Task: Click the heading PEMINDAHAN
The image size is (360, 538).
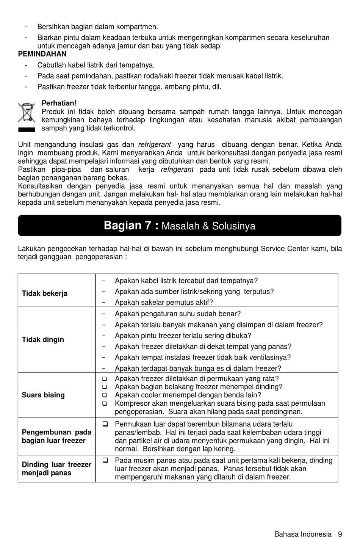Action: point(42,54)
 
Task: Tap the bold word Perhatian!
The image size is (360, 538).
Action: point(59,103)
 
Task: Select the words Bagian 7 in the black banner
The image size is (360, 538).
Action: point(128,226)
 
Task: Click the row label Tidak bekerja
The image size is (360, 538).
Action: point(45,293)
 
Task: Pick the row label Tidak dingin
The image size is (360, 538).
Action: point(43,340)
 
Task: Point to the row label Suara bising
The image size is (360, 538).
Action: point(43,395)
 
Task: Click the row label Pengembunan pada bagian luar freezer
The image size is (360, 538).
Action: point(56,436)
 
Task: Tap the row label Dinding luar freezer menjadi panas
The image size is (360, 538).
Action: point(56,469)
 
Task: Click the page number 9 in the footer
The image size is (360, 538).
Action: point(340,534)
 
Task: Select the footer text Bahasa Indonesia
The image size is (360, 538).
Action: point(303,534)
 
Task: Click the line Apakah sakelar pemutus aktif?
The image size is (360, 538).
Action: point(164,303)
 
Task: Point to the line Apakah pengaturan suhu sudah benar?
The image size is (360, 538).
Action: point(178,314)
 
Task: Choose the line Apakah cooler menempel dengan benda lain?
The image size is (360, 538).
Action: point(188,395)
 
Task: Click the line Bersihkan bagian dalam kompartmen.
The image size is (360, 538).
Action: point(97,27)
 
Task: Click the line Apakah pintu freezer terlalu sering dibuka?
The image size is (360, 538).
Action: point(183,336)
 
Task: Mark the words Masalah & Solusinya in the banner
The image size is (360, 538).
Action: point(208,226)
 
